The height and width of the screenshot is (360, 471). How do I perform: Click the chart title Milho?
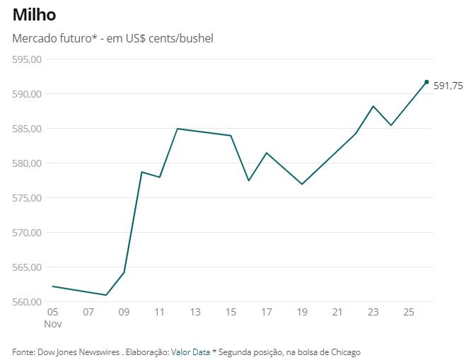pyautogui.click(x=35, y=15)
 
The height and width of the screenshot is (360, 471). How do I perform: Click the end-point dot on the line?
pyautogui.click(x=426, y=82)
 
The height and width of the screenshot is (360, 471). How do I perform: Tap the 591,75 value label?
pyautogui.click(x=448, y=86)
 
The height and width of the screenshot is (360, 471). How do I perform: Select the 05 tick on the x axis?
pyautogui.click(x=52, y=312)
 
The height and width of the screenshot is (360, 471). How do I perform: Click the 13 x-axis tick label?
pyautogui.click(x=195, y=312)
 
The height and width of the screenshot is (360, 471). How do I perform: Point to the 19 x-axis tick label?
pyautogui.click(x=302, y=312)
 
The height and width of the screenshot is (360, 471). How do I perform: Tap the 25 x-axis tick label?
pyautogui.click(x=409, y=312)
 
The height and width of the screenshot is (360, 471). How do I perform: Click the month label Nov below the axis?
pyautogui.click(x=54, y=323)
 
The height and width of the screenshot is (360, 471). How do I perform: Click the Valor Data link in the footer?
pyautogui.click(x=190, y=352)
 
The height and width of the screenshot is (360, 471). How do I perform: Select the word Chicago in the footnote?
pyautogui.click(x=344, y=352)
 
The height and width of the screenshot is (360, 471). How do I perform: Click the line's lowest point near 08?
pyautogui.click(x=106, y=295)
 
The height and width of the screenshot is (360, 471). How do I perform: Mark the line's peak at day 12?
pyautogui.click(x=178, y=129)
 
